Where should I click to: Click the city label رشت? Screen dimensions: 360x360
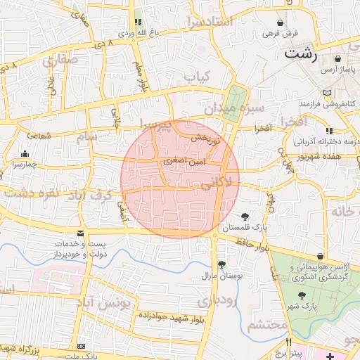300,53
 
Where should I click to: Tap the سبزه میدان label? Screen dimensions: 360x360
233,108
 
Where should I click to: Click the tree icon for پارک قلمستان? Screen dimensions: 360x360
245,216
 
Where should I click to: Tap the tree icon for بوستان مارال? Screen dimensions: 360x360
221,264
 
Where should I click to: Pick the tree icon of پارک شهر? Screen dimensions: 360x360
303,295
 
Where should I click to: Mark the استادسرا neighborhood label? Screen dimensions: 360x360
208,21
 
